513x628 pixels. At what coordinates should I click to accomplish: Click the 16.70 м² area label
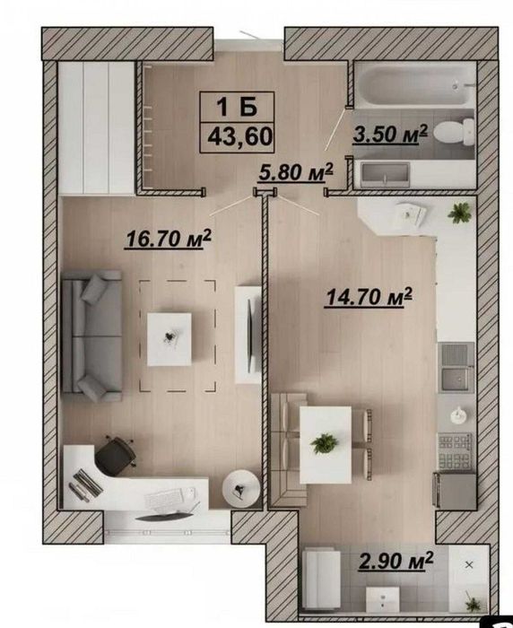click(169, 239)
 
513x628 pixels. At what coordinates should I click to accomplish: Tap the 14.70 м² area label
click(369, 297)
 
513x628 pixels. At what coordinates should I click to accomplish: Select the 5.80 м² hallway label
click(296, 172)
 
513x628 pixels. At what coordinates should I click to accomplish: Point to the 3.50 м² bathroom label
click(390, 134)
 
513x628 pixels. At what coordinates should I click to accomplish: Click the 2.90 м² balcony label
click(396, 561)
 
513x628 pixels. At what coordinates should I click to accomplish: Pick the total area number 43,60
click(239, 136)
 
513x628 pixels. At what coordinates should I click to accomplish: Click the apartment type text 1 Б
click(237, 107)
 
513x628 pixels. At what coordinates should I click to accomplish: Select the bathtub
click(415, 85)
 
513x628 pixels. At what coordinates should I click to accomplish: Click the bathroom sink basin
click(385, 175)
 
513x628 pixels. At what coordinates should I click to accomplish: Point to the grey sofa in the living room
click(91, 336)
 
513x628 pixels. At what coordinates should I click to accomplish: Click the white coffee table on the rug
click(169, 339)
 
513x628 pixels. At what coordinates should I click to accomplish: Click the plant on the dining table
click(325, 444)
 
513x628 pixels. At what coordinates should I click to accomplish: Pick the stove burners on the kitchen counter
click(456, 451)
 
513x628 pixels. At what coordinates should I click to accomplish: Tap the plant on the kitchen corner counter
click(460, 213)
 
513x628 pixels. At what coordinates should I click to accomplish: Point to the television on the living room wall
click(251, 335)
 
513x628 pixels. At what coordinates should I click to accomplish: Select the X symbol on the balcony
click(469, 565)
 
